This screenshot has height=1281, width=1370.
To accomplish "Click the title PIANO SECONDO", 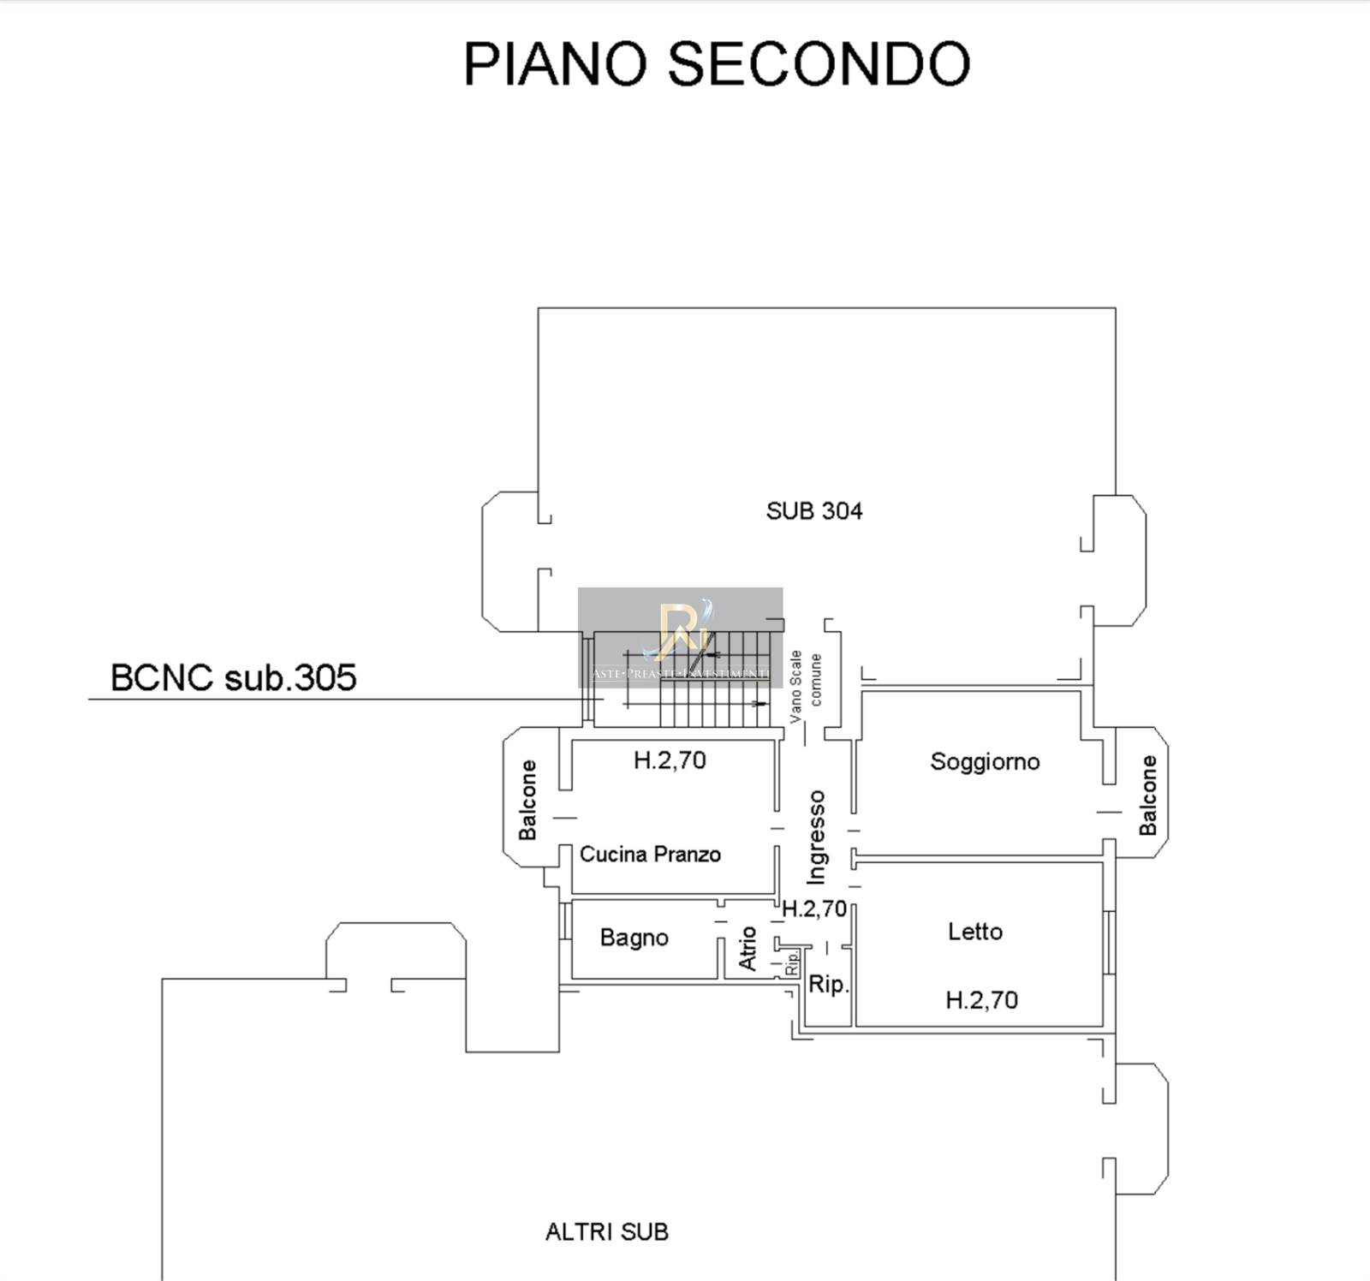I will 716,64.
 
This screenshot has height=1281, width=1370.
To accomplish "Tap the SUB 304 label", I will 813,511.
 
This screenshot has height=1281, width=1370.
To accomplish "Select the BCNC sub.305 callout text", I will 233,677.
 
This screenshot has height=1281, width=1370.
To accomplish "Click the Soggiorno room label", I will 985,761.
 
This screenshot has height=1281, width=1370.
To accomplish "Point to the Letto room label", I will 974,931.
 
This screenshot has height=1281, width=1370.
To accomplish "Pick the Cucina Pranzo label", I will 650,854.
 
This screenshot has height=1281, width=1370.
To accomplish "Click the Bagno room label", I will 634,938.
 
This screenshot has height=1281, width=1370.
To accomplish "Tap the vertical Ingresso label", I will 816,837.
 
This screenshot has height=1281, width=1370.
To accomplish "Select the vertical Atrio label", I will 748,948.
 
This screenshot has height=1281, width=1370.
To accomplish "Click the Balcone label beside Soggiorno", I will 1147,795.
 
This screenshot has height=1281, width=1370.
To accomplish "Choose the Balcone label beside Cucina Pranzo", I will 527,800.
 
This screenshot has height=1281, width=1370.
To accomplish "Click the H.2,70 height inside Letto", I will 981,999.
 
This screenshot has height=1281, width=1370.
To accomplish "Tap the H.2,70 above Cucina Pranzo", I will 670,760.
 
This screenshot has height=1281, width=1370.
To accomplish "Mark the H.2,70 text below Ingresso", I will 814,909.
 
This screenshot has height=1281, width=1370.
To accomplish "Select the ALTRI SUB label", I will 606,1231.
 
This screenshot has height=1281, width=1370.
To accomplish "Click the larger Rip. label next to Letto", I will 828,985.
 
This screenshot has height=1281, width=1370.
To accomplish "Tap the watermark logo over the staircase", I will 681,634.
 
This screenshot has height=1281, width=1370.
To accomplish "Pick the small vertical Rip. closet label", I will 792,962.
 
